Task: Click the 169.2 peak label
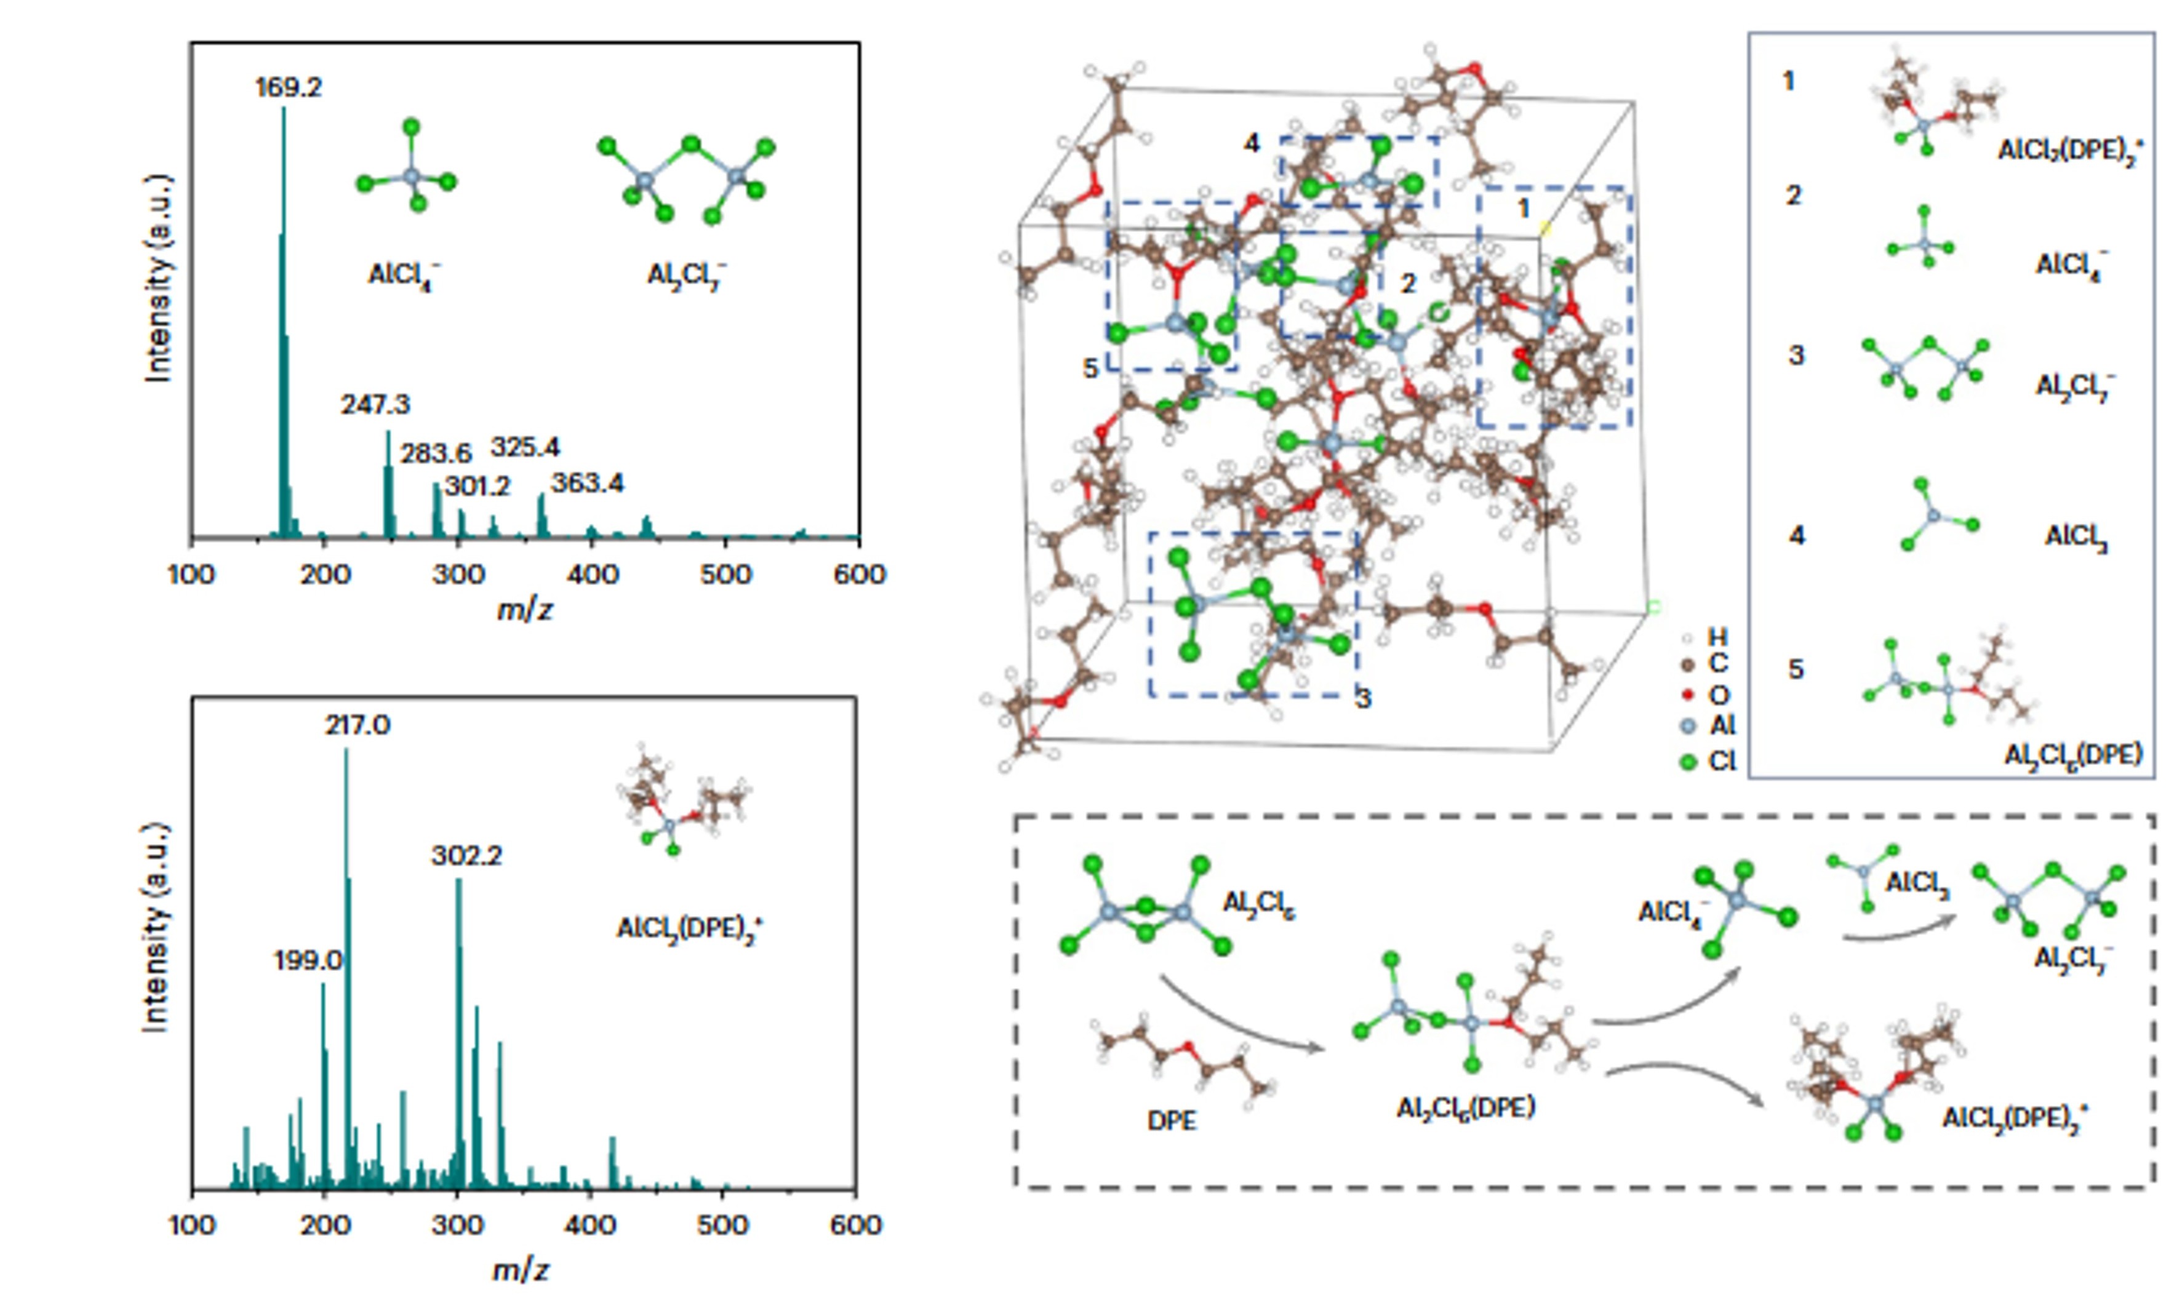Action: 288,87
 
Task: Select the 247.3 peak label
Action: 375,405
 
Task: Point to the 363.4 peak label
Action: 587,484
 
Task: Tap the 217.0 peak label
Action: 358,725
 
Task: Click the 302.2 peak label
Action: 466,856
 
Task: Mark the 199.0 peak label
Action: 308,961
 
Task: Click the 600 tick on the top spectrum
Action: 858,575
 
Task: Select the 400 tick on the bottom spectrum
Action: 589,1225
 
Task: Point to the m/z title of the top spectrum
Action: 524,610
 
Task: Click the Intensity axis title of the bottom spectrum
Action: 154,927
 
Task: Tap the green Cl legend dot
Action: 1688,762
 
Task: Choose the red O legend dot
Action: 1688,696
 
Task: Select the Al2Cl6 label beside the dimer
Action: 1258,903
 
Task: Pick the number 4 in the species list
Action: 1796,535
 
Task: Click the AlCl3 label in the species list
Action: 2075,536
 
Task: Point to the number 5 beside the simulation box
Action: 1090,369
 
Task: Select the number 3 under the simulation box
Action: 1364,699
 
